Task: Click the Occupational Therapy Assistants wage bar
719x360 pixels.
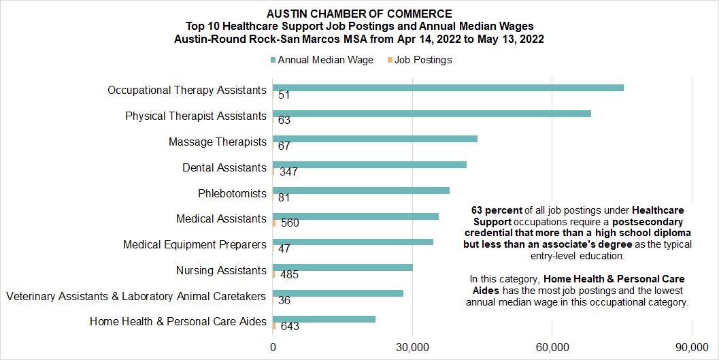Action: [448, 88]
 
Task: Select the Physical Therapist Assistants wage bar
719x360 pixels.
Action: [432, 114]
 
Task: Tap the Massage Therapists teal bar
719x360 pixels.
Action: [375, 139]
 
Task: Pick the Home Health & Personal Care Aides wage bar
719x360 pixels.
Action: [324, 319]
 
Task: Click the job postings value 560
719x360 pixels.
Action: [290, 223]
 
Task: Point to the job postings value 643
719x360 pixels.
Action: [290, 327]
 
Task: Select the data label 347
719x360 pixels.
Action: [289, 172]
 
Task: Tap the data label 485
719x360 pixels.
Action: [289, 275]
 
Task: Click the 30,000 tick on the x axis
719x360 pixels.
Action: [412, 348]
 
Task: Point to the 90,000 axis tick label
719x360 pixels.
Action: [692, 348]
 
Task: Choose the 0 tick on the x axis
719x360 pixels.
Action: [273, 348]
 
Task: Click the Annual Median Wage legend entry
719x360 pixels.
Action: [322, 60]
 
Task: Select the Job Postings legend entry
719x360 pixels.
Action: [420, 60]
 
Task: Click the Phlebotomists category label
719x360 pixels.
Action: [232, 193]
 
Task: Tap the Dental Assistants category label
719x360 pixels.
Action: [224, 168]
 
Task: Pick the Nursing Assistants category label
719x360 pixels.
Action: [221, 271]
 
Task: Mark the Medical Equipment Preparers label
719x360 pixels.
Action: [195, 245]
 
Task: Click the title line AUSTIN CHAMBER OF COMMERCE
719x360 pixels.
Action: [359, 14]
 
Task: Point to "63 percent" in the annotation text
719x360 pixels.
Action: [497, 210]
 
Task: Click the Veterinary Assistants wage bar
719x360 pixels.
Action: [338, 293]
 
